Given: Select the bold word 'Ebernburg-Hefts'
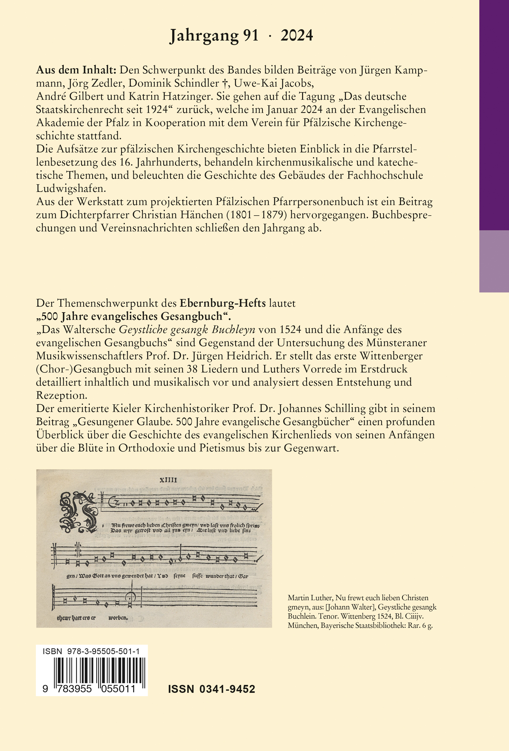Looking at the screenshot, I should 223,303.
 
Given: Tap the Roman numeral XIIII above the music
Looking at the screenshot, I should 168,480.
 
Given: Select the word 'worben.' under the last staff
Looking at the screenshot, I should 118,618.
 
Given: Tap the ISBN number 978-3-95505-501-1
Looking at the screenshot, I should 103,651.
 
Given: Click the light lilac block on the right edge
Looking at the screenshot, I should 494,261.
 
